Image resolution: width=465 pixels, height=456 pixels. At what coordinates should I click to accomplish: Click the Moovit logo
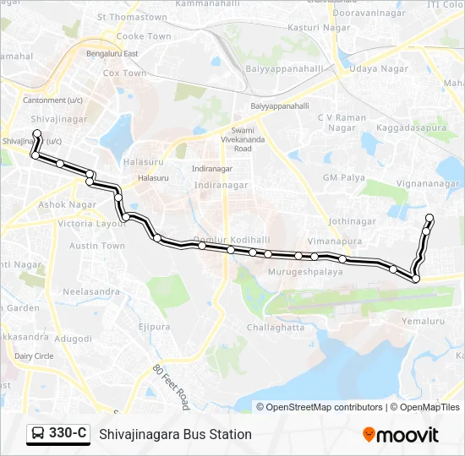(x=401, y=435)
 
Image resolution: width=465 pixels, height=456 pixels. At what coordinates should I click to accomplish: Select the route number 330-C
(x=68, y=434)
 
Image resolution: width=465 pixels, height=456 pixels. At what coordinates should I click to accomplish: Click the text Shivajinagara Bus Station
(x=175, y=435)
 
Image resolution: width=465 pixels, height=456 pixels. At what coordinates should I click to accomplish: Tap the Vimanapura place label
(x=335, y=241)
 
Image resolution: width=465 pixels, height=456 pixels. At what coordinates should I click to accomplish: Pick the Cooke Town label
(x=143, y=36)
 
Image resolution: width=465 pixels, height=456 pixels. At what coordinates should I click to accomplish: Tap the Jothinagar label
(x=352, y=221)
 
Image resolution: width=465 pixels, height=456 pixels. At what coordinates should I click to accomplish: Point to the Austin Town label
(x=97, y=246)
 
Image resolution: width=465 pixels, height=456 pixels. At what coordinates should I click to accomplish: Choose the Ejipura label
(x=154, y=327)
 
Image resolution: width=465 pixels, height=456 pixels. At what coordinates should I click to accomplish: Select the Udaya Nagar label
(x=379, y=68)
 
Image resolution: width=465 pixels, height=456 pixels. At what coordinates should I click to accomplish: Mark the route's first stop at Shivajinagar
(x=37, y=134)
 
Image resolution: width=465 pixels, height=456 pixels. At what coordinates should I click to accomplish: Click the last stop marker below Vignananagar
(x=429, y=219)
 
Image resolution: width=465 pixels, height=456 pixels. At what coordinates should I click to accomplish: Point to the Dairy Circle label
(x=34, y=356)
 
